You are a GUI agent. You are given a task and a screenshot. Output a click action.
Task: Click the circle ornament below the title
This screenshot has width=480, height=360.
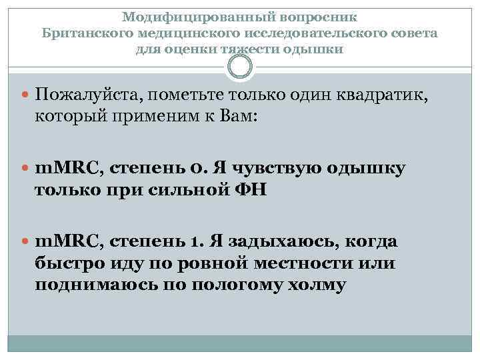(x=240, y=65)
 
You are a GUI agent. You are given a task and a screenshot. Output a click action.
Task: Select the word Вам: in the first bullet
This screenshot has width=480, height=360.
(x=241, y=115)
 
